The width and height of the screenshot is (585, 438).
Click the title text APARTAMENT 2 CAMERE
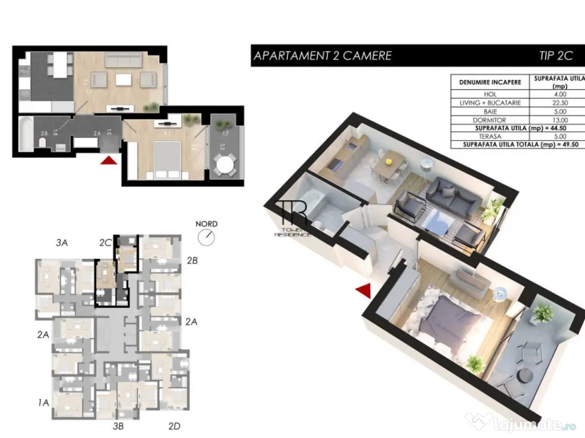(x=322, y=55)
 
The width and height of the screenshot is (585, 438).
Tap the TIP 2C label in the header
(x=555, y=55)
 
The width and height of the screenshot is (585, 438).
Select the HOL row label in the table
(x=490, y=94)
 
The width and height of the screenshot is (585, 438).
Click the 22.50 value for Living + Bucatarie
(x=560, y=103)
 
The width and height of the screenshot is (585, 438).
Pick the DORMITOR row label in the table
(x=490, y=120)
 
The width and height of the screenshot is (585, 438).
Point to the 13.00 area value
(x=560, y=120)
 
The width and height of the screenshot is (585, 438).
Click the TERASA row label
(x=490, y=137)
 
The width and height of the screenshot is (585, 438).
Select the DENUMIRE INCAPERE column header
(x=490, y=82)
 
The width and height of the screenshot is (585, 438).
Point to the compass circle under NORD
(x=206, y=237)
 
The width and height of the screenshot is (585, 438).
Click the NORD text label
(x=206, y=224)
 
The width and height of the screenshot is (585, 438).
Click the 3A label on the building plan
(x=62, y=243)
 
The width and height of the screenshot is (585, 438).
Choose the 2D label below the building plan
(x=175, y=425)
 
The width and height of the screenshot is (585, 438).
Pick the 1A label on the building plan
(x=43, y=403)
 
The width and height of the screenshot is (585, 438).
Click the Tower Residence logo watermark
(x=293, y=218)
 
